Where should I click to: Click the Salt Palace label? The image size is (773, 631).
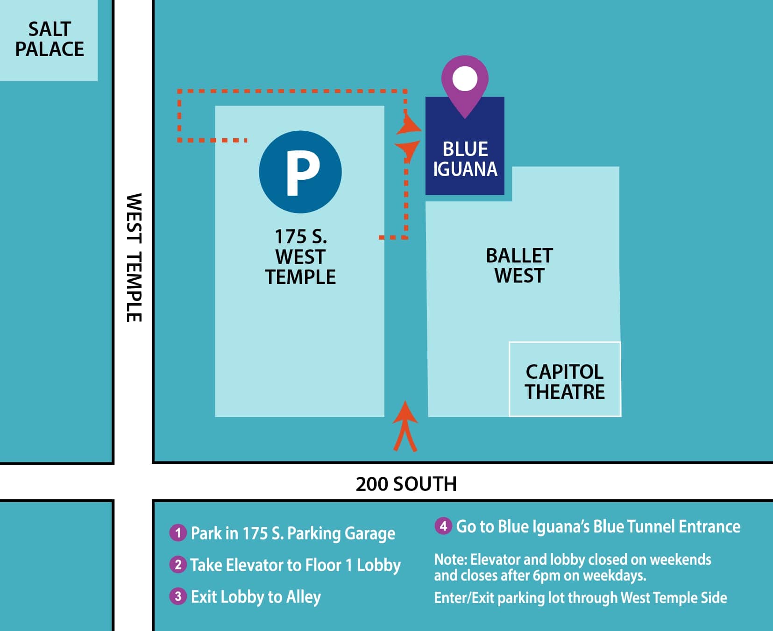coord(50,39)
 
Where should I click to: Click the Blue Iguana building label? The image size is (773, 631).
coord(465,159)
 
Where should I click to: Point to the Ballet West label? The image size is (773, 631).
coord(519,266)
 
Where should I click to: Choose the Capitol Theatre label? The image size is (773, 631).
coord(565,382)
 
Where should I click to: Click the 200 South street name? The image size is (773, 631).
coord(406,484)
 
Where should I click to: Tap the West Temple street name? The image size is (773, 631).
coord(134,258)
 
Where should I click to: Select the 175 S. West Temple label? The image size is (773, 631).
coord(300,257)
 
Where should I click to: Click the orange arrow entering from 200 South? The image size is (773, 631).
coord(405,426)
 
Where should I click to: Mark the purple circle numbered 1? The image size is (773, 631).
coord(177,533)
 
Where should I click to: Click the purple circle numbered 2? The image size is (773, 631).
coord(177,565)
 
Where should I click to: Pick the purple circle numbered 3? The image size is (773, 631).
coord(177,596)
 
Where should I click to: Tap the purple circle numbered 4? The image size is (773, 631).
coord(443,526)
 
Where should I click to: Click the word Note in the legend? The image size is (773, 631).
coord(451,560)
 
